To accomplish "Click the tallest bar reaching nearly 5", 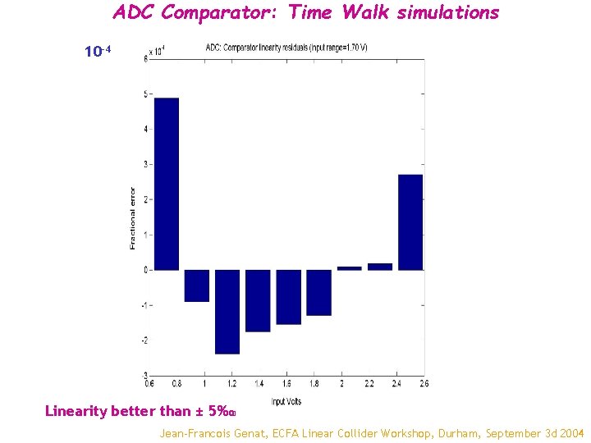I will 167,184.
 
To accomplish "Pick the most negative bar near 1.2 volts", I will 227,312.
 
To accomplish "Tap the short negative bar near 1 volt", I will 197,285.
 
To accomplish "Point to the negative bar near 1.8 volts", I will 318,292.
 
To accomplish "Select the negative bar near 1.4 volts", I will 258,300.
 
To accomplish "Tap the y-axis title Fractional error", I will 133,217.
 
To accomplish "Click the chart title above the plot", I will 286,47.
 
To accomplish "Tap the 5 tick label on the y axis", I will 145,94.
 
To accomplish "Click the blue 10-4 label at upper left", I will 98,53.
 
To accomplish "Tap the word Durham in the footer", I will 455,432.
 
